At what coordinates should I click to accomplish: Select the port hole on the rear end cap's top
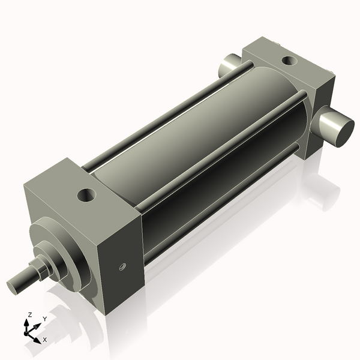point(288,60)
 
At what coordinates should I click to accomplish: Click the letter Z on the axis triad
point(29,314)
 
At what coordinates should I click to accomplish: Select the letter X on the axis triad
point(44,340)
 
